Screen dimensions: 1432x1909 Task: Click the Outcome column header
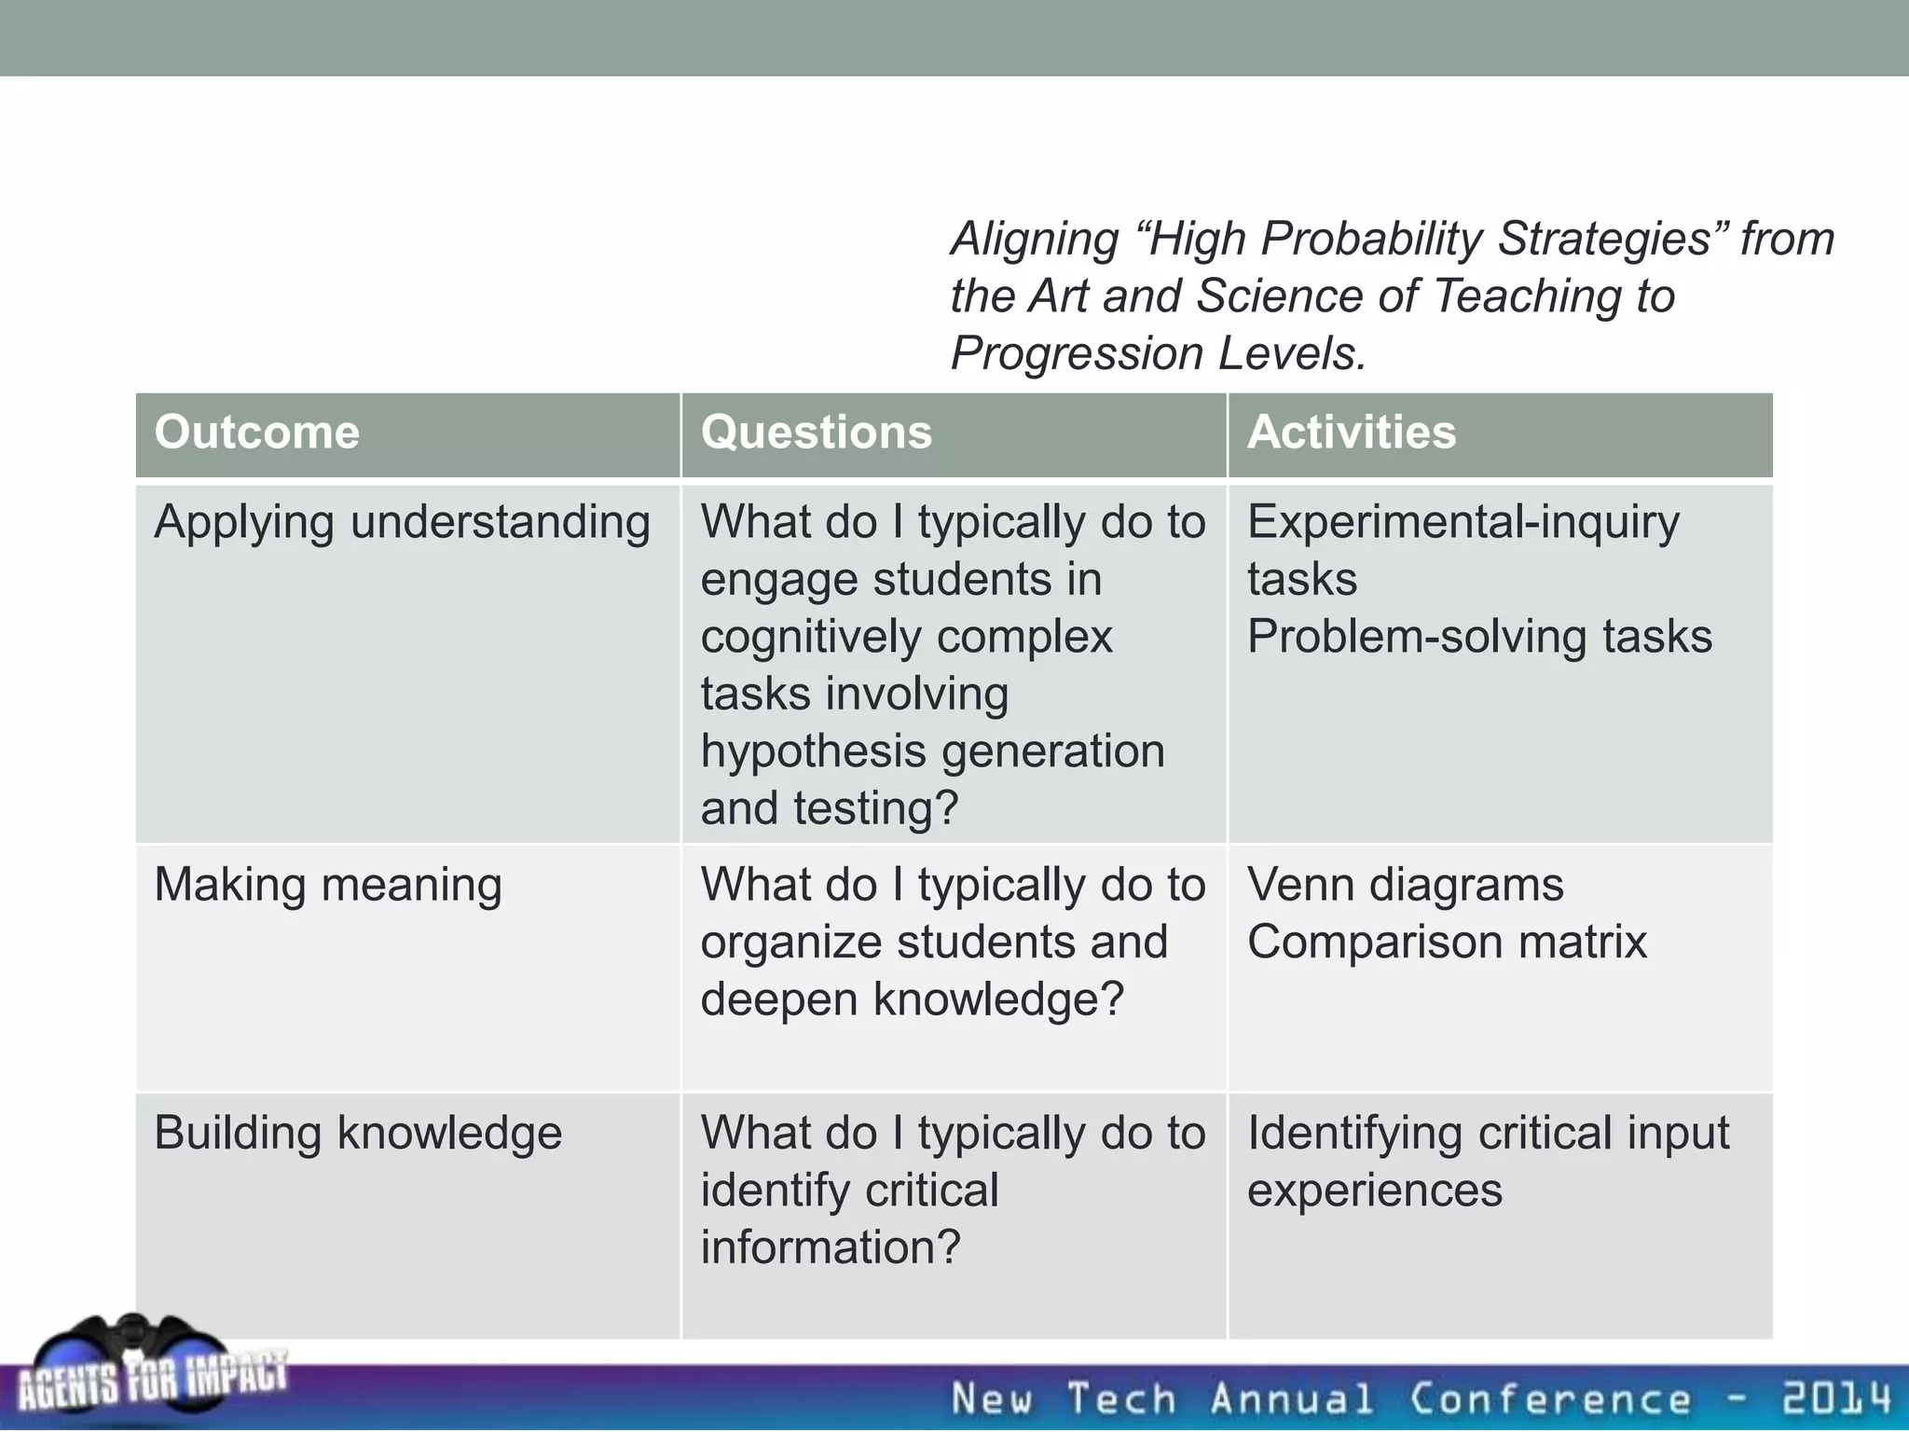257,433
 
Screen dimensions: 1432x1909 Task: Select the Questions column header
816,433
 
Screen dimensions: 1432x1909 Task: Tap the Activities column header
1351,433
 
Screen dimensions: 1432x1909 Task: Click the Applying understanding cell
402,522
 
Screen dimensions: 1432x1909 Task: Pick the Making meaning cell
328,885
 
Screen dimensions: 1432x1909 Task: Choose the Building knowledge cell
358,1134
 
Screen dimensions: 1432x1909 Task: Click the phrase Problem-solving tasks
1479,637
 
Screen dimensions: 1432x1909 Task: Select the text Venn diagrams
1405,885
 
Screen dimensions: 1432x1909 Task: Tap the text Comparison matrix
1447,942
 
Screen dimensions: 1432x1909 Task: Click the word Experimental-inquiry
1463,522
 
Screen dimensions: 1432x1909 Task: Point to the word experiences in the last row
1374,1191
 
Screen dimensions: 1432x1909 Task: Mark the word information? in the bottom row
830,1247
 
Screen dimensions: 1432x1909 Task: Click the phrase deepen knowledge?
913,999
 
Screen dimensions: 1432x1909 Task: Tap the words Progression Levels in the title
1158,353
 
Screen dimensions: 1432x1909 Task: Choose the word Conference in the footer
1549,1398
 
